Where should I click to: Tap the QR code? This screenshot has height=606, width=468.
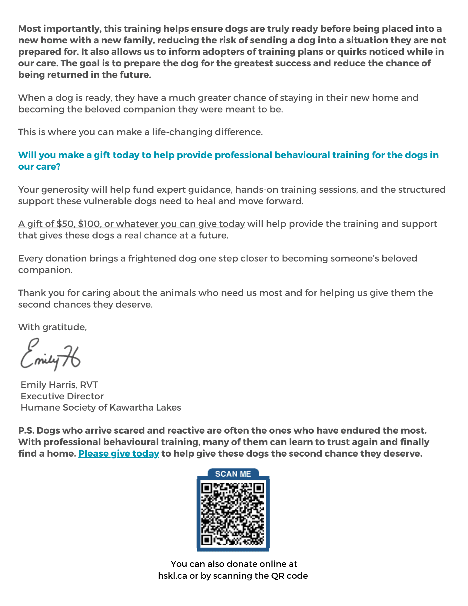[233, 514]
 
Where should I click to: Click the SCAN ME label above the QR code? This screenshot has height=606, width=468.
[233, 474]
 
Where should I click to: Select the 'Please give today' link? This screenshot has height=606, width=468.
[119, 454]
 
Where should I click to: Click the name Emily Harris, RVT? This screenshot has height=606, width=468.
[59, 385]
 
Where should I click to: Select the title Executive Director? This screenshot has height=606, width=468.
[62, 396]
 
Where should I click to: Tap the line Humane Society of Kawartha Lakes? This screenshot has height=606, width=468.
[101, 408]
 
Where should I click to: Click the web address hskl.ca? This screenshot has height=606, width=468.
[172, 576]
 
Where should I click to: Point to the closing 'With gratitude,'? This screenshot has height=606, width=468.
[53, 327]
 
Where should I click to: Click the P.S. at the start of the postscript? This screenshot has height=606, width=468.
[26, 431]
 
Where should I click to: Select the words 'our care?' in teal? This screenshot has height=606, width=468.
[39, 167]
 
